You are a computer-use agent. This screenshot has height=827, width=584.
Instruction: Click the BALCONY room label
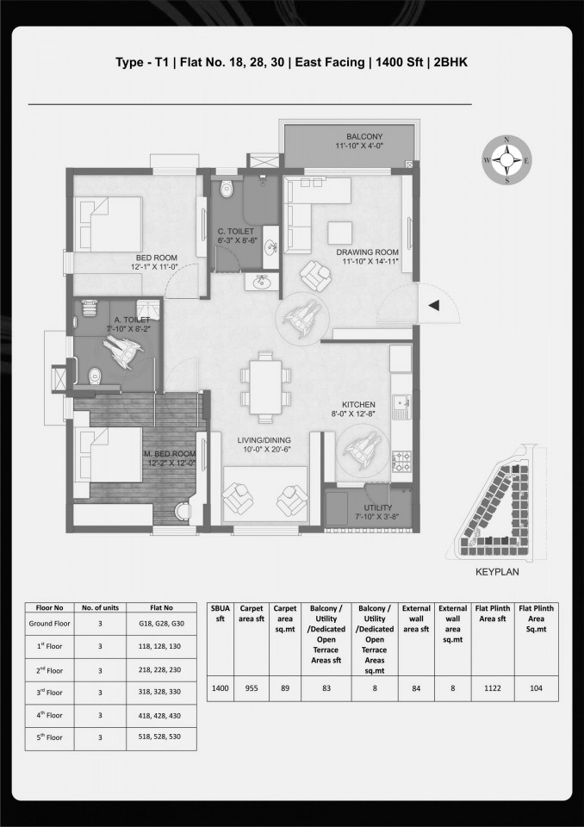(364, 137)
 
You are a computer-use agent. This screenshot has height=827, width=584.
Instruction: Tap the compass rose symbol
(507, 160)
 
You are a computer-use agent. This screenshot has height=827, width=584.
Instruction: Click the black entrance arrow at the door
(433, 305)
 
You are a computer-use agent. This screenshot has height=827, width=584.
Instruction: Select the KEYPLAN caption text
(497, 572)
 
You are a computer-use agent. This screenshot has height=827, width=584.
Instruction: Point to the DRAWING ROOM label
(368, 252)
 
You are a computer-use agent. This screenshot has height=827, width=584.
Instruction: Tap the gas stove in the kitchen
(401, 461)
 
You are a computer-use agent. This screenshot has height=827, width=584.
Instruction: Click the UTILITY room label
(378, 507)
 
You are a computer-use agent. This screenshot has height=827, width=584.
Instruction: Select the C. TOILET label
(236, 231)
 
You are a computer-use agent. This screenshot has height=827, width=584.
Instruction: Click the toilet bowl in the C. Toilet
(227, 189)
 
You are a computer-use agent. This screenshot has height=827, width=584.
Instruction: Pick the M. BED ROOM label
(170, 454)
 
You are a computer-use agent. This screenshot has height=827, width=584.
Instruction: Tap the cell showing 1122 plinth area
(493, 688)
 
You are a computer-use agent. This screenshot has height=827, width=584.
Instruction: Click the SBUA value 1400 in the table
(220, 688)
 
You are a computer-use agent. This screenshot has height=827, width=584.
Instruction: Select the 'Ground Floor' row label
(50, 624)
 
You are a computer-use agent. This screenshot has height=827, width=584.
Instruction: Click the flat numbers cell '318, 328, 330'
(159, 692)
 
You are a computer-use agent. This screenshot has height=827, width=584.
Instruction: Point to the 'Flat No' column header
(161, 607)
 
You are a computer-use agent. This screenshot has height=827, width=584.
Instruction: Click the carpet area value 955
(252, 688)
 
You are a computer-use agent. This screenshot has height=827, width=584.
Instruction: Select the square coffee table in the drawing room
(339, 233)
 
